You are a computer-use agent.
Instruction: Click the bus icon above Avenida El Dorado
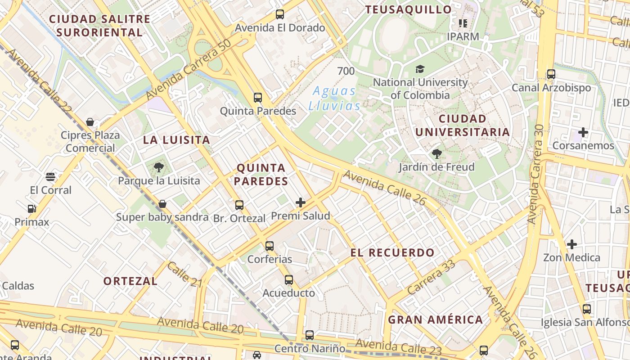280,14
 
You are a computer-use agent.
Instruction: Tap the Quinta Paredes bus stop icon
258,98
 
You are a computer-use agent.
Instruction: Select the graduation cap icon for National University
420,69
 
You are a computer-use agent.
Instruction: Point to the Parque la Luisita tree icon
158,168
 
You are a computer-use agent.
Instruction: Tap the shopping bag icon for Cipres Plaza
90,122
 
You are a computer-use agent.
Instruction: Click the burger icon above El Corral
50,177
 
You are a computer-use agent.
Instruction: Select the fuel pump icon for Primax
31,208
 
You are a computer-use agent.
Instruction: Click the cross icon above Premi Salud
301,202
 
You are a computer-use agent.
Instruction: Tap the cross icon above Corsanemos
583,132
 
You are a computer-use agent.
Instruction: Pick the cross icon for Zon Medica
572,244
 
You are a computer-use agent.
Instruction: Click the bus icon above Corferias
270,246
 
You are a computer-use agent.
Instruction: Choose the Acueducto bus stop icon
289,280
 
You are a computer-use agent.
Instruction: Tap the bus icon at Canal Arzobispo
551,74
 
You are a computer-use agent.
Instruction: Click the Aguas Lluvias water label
334,98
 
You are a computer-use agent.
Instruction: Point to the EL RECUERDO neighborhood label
392,252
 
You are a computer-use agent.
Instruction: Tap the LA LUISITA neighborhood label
176,139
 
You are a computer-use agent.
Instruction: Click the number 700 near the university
346,71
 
